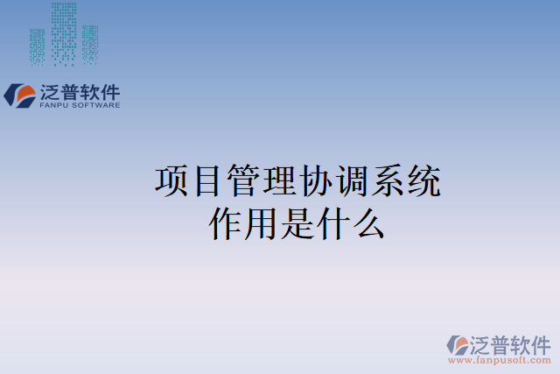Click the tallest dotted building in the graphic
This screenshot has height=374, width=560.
click(x=63, y=33)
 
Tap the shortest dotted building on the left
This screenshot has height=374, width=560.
click(x=37, y=47)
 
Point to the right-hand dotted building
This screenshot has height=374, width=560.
click(x=89, y=44)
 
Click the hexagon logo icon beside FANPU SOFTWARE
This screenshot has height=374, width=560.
click(x=20, y=95)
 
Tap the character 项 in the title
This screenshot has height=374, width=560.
click(x=171, y=182)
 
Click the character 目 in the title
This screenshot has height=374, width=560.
click(x=207, y=182)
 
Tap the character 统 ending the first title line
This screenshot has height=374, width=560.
click(x=423, y=182)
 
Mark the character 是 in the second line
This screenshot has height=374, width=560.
click(x=297, y=223)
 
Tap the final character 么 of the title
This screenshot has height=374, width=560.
click(x=369, y=223)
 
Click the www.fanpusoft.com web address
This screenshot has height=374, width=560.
click(x=500, y=360)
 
